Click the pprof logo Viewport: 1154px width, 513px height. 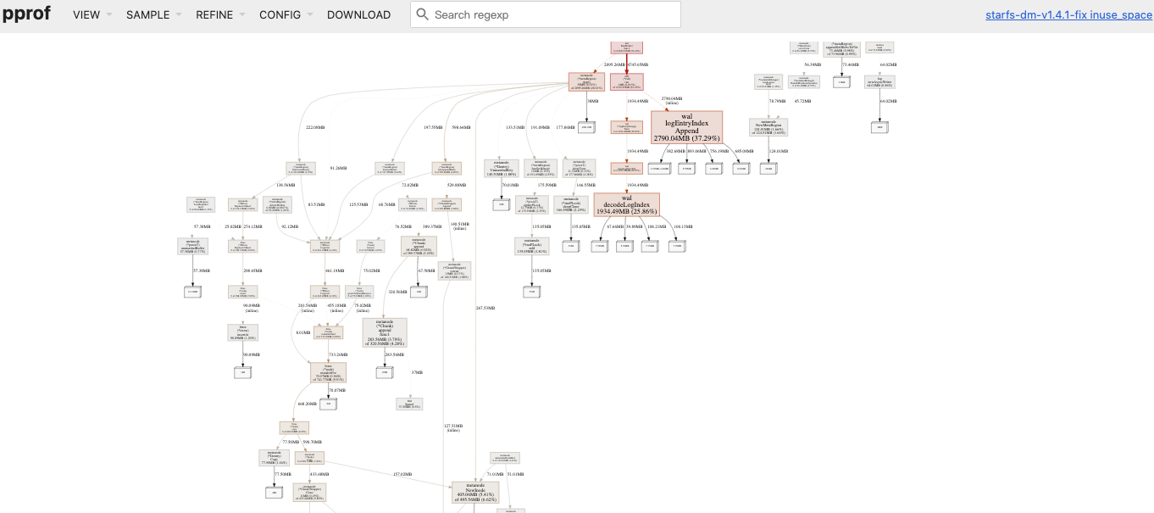coord(25,14)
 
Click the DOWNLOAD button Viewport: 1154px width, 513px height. coord(358,14)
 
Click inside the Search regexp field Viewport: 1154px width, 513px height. coord(551,14)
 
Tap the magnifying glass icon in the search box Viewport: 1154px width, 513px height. coord(423,14)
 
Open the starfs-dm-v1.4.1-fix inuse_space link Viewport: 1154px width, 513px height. coord(1068,15)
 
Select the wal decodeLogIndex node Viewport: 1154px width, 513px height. coord(626,204)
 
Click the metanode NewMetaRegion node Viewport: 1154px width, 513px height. coord(768,127)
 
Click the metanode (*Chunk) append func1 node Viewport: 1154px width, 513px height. coord(384,332)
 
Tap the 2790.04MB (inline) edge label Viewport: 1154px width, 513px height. coord(672,100)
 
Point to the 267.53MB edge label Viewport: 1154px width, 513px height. coord(485,308)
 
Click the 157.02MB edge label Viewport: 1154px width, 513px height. coord(402,474)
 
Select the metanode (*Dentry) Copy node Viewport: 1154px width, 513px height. coord(274,458)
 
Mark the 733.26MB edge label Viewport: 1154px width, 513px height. coord(336,354)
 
